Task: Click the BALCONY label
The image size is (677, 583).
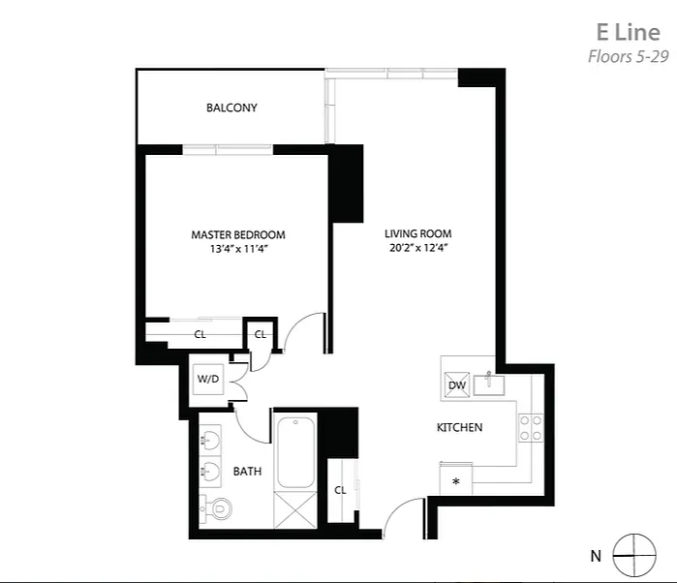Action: point(231,107)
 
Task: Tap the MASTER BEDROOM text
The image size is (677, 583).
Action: point(238,235)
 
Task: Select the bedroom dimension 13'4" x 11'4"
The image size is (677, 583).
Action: point(239,249)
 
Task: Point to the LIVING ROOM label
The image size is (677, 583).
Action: point(418,233)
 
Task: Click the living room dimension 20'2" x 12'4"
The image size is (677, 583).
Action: point(418,248)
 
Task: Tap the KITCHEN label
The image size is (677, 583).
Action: point(459,427)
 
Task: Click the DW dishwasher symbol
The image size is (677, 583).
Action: point(457,384)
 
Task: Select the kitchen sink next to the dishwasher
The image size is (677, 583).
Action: point(489,384)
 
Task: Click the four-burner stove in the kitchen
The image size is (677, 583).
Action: point(531,427)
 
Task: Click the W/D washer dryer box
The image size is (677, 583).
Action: point(208,380)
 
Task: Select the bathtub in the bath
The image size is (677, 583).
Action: point(295,452)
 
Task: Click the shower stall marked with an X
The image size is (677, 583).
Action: point(295,509)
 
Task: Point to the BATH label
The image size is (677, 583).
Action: point(247,472)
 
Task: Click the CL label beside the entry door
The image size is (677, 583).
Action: point(340,490)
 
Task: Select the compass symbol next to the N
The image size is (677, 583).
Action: point(634,555)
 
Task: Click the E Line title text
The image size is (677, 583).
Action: point(629,32)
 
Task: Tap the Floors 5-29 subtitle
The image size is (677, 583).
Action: point(629,56)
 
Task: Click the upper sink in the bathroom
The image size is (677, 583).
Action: point(210,440)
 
